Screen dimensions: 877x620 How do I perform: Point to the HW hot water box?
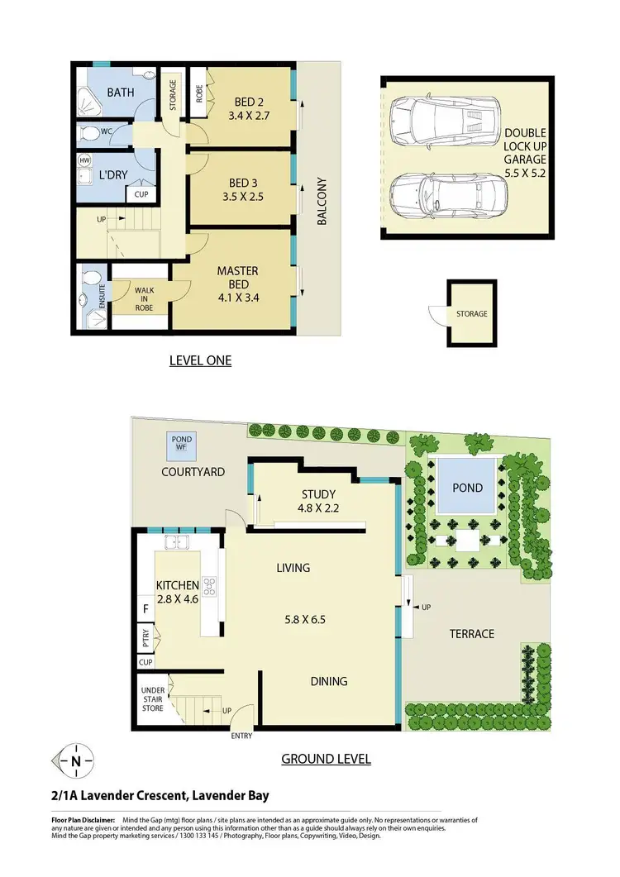click(84, 160)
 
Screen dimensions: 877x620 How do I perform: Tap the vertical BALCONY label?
click(322, 202)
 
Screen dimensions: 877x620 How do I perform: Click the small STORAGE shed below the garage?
click(471, 314)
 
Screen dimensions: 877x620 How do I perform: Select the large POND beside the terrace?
click(467, 488)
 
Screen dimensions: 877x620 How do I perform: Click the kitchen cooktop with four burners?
click(209, 587)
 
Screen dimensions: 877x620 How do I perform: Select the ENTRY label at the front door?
click(242, 736)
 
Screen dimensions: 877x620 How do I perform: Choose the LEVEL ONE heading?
click(200, 360)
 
